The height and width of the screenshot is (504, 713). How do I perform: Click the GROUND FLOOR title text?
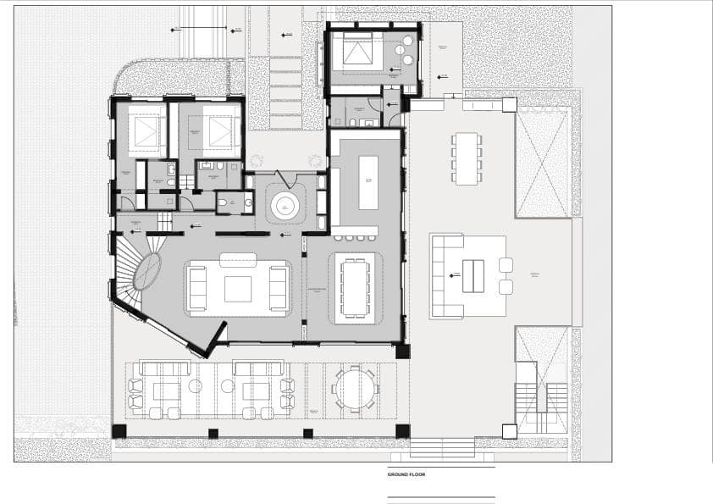click(x=406, y=474)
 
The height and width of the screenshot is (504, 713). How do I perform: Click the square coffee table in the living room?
click(x=238, y=289)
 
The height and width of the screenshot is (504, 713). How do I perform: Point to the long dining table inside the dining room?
click(x=354, y=286)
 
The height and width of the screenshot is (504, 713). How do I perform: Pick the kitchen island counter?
click(x=368, y=181)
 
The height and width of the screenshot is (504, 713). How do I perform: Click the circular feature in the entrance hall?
click(x=285, y=205)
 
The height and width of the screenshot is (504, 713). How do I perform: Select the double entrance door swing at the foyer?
click(x=285, y=178)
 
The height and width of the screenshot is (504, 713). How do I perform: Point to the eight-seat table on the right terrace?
click(x=466, y=158)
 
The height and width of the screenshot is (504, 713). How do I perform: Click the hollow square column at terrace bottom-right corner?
click(x=509, y=431)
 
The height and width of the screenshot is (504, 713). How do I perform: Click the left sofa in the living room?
click(x=196, y=289)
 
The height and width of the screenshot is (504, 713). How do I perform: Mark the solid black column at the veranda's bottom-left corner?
click(x=119, y=431)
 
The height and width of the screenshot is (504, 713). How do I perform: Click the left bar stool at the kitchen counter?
click(x=339, y=238)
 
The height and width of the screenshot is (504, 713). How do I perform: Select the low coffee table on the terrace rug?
click(x=473, y=275)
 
